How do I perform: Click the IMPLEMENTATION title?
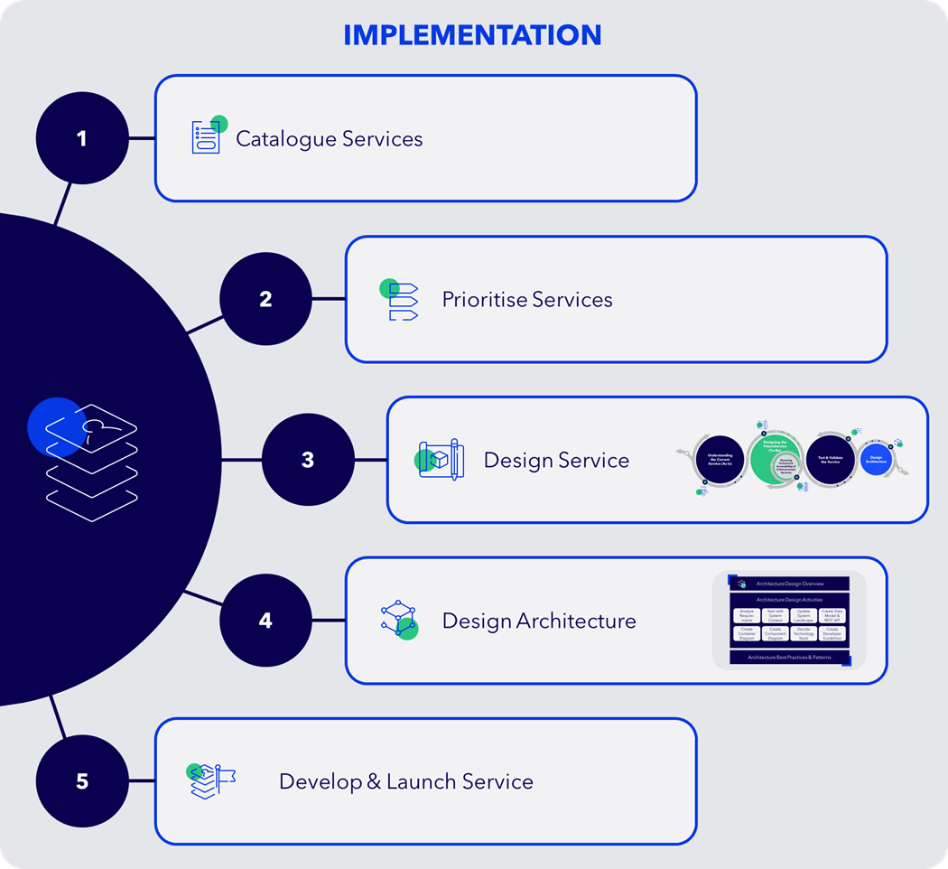(472, 35)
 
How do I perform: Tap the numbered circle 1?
(82, 138)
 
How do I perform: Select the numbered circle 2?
(265, 299)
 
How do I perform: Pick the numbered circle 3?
(308, 460)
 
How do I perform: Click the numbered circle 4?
(265, 621)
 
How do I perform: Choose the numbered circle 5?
(82, 781)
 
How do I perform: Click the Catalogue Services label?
(329, 139)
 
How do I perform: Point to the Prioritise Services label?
(526, 300)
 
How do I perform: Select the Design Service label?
(556, 461)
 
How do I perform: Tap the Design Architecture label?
(538, 621)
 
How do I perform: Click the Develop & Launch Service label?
(405, 782)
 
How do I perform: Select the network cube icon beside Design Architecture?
(399, 620)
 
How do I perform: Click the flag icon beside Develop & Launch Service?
(210, 780)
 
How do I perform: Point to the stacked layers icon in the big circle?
(90, 456)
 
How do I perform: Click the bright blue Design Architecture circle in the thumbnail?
(876, 459)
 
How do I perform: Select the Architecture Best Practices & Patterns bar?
(789, 657)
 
